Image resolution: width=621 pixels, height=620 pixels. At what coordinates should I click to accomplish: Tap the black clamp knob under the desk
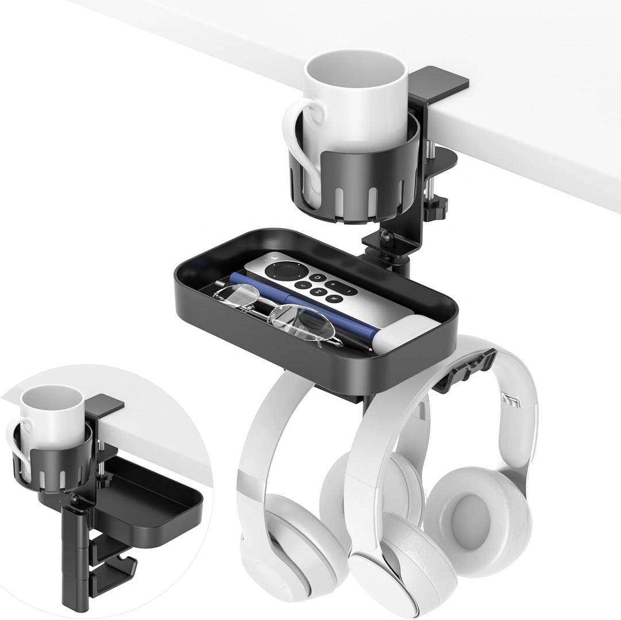[x=438, y=205]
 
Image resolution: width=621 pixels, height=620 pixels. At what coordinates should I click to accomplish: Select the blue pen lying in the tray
[x=299, y=305]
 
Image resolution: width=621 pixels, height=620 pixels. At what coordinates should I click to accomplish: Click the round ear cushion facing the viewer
[x=475, y=512]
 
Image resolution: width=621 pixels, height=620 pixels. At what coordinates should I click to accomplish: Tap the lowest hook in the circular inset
[x=112, y=572]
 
